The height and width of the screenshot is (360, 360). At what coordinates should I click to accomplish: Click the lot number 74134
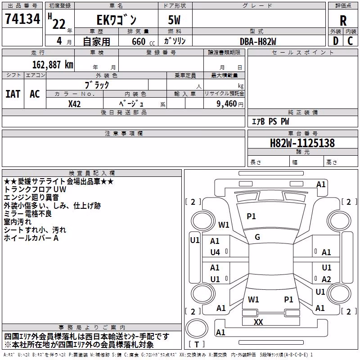[22, 18]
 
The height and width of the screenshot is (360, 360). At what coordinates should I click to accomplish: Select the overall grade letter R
[343, 21]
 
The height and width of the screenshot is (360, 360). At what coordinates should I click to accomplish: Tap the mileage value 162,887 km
[53, 65]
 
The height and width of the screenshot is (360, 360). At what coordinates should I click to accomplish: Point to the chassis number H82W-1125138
[302, 143]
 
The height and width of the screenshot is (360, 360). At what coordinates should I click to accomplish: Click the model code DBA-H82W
[258, 41]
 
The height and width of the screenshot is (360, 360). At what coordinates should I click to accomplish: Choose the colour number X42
[74, 104]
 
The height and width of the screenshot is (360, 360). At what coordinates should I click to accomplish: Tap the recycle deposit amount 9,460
[227, 103]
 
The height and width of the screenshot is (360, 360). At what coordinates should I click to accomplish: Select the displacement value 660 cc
[143, 41]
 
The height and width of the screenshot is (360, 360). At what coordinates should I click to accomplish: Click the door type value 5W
[174, 20]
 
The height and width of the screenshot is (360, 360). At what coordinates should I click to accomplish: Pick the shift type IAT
[13, 94]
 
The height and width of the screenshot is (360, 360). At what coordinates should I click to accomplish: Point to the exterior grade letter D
[336, 41]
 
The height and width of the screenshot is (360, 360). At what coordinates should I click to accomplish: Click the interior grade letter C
[350, 41]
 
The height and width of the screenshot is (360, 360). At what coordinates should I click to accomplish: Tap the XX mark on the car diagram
[258, 322]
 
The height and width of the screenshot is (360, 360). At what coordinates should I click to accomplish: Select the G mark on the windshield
[257, 237]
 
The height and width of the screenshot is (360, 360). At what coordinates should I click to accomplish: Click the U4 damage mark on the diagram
[215, 252]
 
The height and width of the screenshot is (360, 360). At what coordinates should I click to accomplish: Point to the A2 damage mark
[326, 279]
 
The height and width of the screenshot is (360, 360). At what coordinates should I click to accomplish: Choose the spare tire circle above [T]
[197, 328]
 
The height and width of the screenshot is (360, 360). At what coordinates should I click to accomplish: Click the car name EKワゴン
[117, 20]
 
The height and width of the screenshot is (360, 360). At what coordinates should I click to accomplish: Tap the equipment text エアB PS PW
[270, 121]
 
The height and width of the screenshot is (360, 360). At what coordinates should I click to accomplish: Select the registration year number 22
[59, 24]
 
